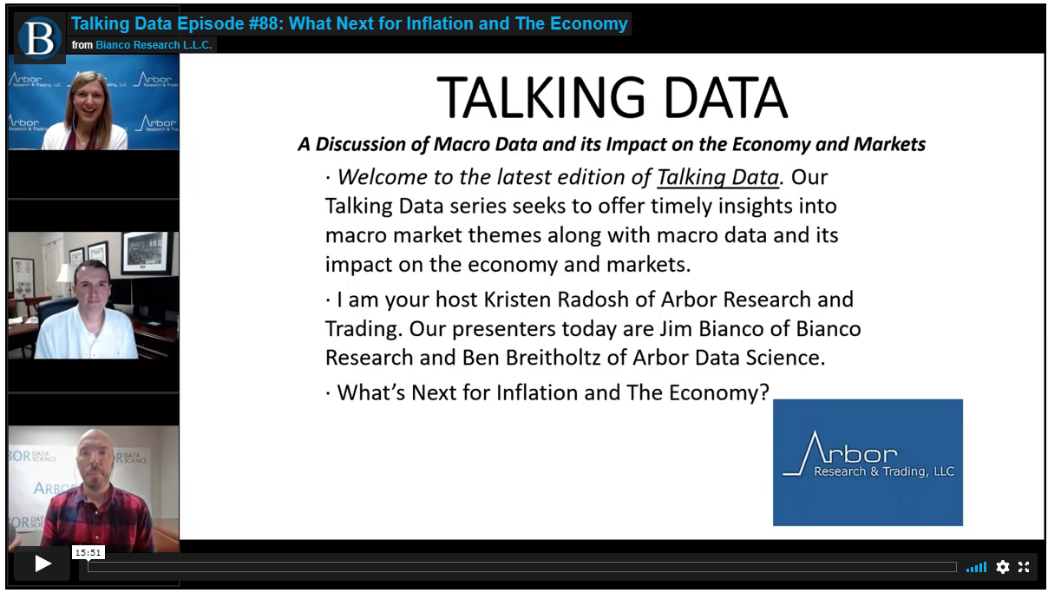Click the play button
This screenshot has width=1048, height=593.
(x=43, y=563)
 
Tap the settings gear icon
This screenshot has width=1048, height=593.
(x=1003, y=567)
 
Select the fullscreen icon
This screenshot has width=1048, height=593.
(x=1024, y=567)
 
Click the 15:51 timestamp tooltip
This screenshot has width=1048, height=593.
(x=88, y=553)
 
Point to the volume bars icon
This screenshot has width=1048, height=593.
(x=976, y=567)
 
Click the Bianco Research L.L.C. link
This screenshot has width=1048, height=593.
(x=154, y=45)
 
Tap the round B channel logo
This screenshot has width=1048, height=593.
(x=39, y=37)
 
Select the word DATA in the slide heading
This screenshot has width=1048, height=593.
(x=725, y=98)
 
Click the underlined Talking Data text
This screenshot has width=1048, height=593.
(x=718, y=177)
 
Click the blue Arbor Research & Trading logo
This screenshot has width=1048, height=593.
(x=868, y=462)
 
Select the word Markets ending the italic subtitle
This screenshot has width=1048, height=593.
(x=889, y=144)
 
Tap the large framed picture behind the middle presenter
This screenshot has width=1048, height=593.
(x=147, y=253)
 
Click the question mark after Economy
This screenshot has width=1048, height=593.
(x=764, y=392)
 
